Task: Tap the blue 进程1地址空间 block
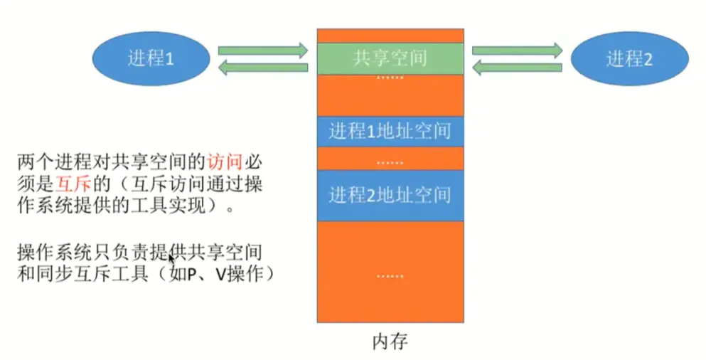click(390, 132)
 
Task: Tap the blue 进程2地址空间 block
click(390, 194)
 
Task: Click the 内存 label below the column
click(390, 342)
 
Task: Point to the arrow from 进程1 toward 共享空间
click(262, 51)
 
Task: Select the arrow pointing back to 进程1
click(262, 68)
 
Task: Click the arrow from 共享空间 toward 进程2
click(518, 51)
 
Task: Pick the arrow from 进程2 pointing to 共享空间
click(518, 68)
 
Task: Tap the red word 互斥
click(73, 186)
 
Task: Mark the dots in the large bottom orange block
click(390, 273)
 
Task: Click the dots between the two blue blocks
click(390, 162)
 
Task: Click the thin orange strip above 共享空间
click(390, 36)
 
